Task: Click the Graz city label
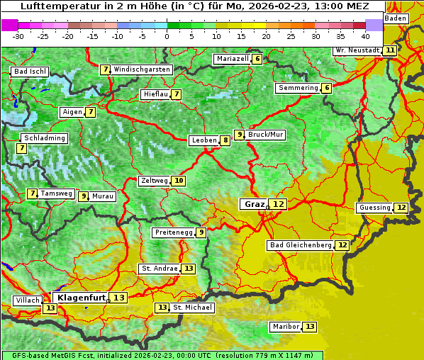254,204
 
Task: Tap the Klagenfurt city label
81,298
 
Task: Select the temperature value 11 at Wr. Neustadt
390,50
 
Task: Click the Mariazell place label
232,59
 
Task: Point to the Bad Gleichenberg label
300,245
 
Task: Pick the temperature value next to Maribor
310,327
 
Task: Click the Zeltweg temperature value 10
179,181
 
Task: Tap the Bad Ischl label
30,72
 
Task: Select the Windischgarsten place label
142,69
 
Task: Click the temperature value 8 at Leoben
225,140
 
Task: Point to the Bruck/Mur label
266,135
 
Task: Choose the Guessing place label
374,208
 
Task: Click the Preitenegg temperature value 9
201,232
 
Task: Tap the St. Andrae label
159,269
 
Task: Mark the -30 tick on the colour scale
18,35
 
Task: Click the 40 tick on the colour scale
365,35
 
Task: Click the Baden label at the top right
396,18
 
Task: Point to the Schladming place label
44,138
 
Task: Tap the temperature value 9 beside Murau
84,196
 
